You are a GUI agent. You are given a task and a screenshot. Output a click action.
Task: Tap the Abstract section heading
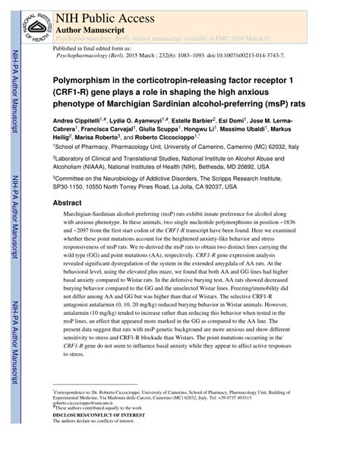(x=66, y=204)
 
